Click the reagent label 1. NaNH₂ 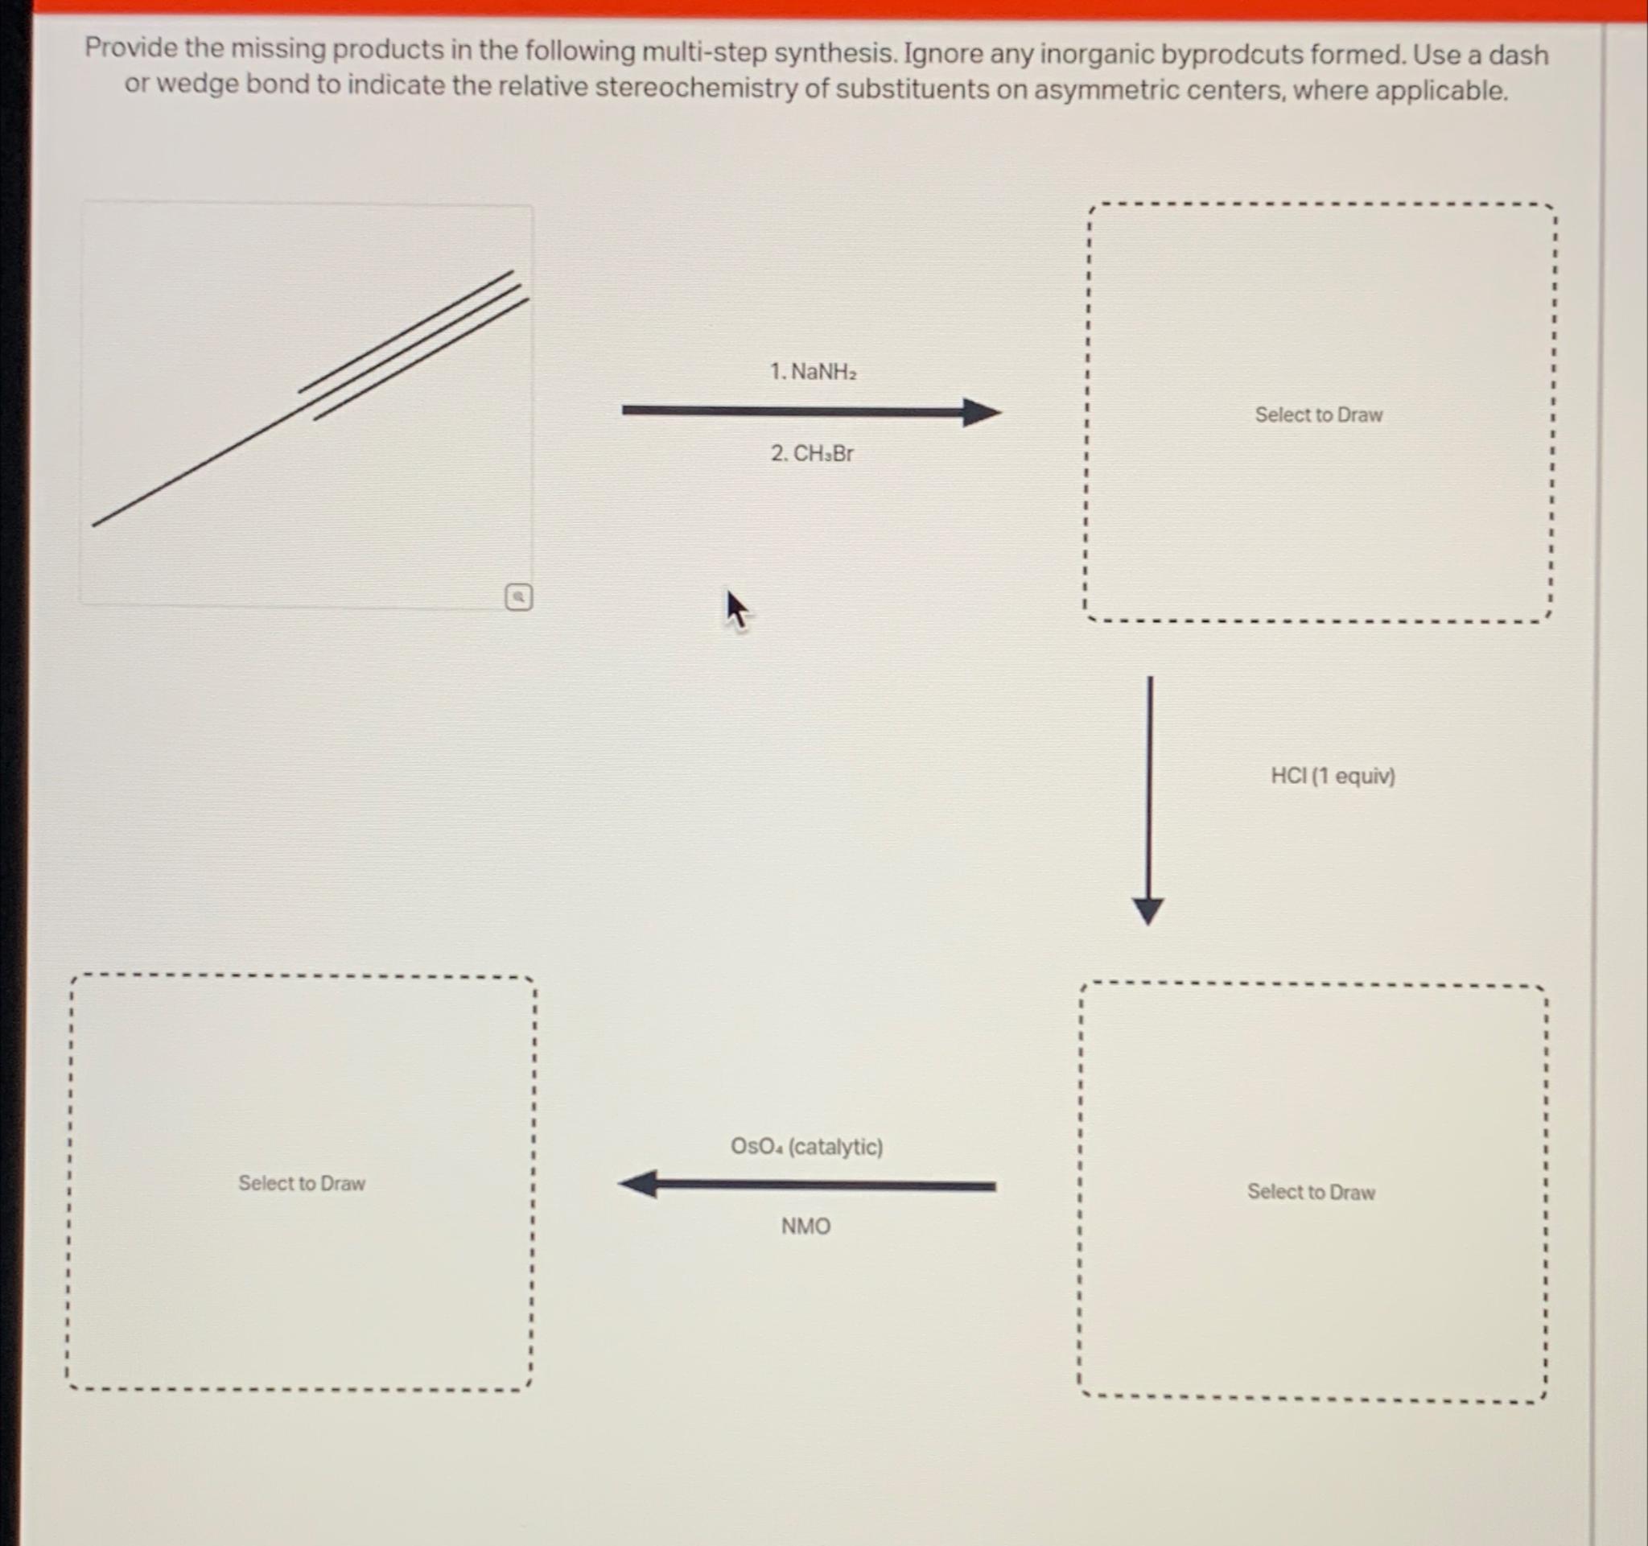(813, 371)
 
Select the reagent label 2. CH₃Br (812, 453)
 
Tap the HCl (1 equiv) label (1333, 776)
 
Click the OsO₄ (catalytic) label (805, 1147)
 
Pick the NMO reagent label (805, 1225)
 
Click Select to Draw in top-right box (1318, 414)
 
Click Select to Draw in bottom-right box (1311, 1191)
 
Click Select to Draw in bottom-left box (302, 1183)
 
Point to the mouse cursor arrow (735, 608)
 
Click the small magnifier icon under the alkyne (518, 596)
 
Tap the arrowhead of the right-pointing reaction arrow (982, 411)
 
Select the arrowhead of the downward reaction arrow (1148, 910)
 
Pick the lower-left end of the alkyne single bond (94, 524)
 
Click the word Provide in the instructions (131, 48)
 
